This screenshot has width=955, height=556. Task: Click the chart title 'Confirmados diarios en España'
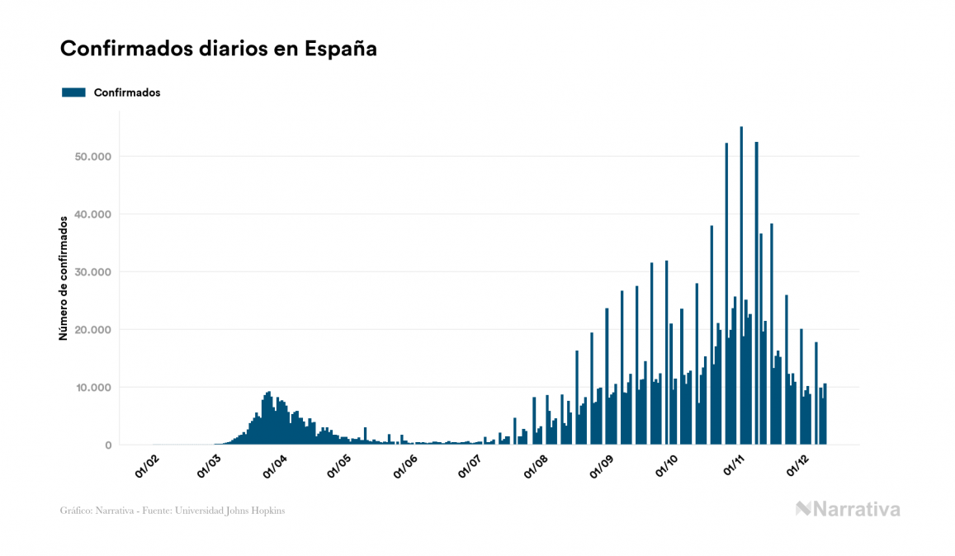click(219, 49)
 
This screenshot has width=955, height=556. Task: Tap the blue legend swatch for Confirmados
click(73, 92)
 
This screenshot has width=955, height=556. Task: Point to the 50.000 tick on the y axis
click(92, 157)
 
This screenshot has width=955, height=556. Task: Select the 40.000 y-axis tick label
click(92, 214)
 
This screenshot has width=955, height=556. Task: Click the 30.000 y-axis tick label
click(92, 272)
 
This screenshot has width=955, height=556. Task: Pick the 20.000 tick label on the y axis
click(92, 330)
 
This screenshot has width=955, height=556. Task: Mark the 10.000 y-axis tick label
click(92, 388)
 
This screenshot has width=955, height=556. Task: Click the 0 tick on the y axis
click(107, 445)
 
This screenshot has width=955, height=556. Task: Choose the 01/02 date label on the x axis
click(145, 468)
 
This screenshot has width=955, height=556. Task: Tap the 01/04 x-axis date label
click(275, 468)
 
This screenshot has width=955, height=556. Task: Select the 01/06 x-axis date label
click(404, 468)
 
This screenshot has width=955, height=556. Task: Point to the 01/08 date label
click(535, 468)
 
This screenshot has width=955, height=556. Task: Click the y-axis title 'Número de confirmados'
click(63, 278)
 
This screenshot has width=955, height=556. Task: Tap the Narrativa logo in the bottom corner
click(848, 509)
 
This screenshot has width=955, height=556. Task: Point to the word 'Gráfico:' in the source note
click(77, 511)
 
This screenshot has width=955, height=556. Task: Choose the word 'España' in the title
click(341, 49)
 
